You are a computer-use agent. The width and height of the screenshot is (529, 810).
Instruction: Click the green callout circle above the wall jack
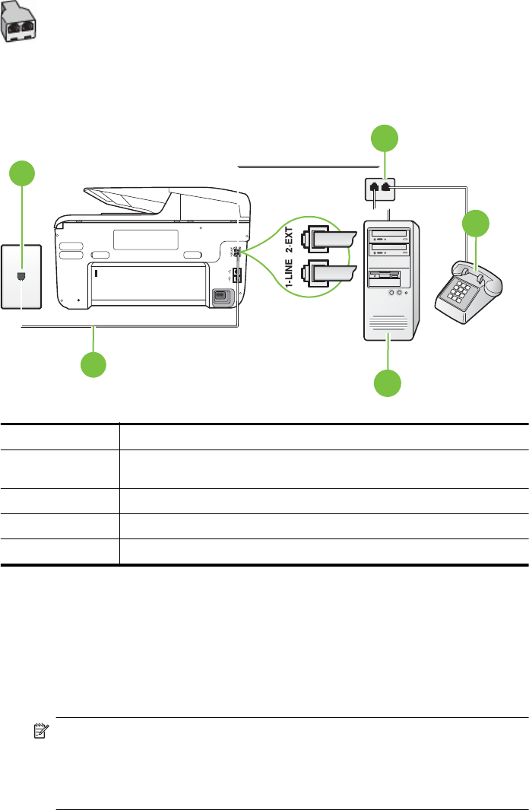click(x=21, y=175)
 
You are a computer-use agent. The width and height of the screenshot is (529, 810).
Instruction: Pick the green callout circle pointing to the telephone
click(x=477, y=225)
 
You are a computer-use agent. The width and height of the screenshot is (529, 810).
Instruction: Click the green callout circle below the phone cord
click(x=95, y=362)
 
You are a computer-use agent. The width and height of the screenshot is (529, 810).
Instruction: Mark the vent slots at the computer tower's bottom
click(x=389, y=328)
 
